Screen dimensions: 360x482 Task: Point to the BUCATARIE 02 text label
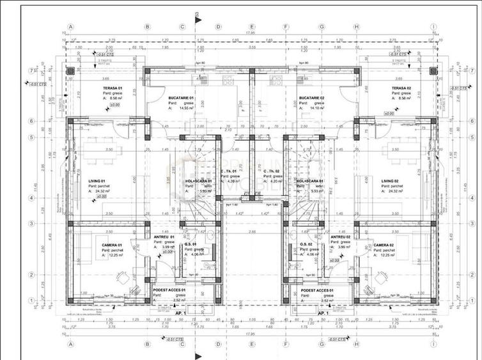(x=312, y=98)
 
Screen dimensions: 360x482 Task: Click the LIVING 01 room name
(x=100, y=182)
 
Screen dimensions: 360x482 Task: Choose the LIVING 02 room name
(x=387, y=182)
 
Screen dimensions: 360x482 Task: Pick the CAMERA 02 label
(x=384, y=245)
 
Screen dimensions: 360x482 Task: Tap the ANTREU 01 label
(x=164, y=237)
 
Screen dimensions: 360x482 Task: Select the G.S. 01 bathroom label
(x=190, y=244)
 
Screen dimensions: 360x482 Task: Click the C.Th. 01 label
(x=229, y=171)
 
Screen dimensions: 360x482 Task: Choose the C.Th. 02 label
(x=272, y=171)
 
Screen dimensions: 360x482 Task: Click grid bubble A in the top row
(x=71, y=27)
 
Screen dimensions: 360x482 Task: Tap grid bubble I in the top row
(x=433, y=27)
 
